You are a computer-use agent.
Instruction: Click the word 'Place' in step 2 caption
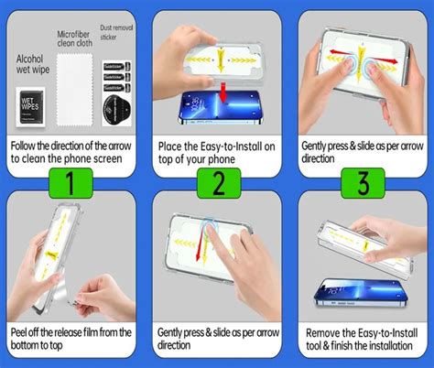(x=173, y=145)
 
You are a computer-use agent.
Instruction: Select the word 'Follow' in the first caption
(x=27, y=145)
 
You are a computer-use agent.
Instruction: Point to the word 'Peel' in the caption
(x=24, y=331)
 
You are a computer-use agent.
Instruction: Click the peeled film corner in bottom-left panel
(x=70, y=294)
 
